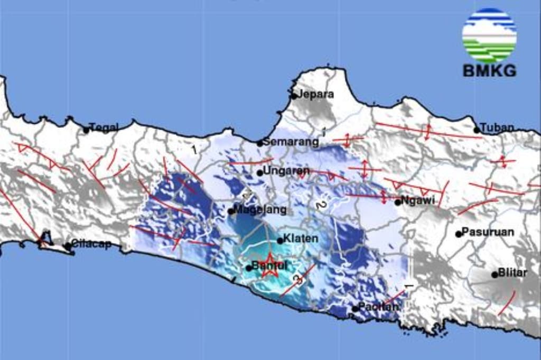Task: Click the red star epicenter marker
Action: pos(270,265)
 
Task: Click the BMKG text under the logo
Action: pos(489,71)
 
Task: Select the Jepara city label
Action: pos(316,95)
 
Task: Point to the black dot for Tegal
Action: pos(86,130)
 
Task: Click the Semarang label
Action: pos(291,142)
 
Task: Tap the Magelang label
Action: pos(260,210)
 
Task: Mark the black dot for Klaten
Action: pos(280,241)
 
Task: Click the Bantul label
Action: pos(269,266)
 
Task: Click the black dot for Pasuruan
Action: pos(459,234)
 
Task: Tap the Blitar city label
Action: pos(513,273)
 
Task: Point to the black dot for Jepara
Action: pos(294,96)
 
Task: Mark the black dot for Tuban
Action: pos(477,130)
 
